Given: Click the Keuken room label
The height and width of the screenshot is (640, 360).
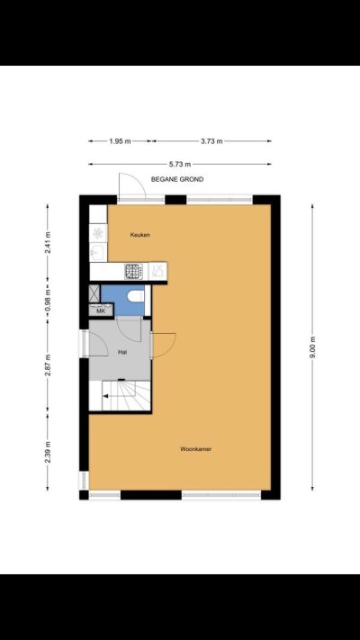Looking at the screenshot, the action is (140, 235).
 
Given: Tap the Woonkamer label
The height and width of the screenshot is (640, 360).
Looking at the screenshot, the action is (196, 449).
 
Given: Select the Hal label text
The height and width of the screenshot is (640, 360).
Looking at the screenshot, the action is (121, 351).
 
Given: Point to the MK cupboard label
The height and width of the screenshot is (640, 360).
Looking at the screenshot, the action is (101, 311).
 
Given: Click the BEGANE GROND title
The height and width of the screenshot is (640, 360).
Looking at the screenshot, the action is (177, 179).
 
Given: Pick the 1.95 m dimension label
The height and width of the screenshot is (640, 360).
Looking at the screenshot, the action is (120, 141).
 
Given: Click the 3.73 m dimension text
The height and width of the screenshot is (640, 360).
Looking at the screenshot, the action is (211, 141).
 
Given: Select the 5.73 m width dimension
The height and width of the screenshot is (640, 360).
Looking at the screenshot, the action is (180, 164).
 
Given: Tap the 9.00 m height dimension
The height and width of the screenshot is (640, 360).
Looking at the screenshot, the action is (312, 347).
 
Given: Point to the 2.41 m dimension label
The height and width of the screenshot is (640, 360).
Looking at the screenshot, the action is (48, 242).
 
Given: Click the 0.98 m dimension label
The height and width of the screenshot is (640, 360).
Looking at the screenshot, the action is (48, 300).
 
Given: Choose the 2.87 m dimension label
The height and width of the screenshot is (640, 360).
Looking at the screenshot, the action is (48, 365).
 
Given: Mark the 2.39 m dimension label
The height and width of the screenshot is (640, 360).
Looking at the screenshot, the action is (48, 452).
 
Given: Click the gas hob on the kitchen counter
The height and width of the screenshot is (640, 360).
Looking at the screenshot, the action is (133, 272).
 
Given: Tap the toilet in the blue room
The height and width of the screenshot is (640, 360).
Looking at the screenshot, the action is (136, 294).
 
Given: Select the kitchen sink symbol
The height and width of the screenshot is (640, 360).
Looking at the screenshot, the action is (98, 253).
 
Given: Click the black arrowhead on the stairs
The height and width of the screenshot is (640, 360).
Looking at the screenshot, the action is (105, 395).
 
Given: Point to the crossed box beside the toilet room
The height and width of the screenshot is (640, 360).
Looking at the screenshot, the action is (94, 293).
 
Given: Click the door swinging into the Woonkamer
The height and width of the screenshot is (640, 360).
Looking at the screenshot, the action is (164, 345).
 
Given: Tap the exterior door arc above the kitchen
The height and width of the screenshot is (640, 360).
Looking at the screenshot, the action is (131, 186).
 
